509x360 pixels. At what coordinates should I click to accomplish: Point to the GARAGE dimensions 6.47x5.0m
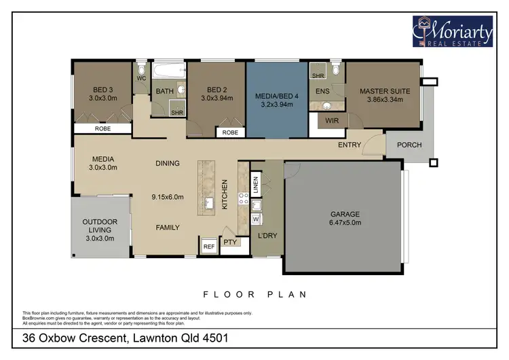point(345,222)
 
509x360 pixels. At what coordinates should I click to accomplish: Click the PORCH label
point(409,145)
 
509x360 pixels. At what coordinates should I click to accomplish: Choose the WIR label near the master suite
point(332,121)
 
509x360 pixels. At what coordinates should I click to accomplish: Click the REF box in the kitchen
point(208,247)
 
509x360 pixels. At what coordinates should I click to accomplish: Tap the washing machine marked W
point(256,219)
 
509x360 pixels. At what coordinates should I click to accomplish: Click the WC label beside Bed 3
point(141,78)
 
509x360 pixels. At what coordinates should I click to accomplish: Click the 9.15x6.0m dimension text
point(167,198)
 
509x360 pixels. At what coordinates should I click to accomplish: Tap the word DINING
point(167,163)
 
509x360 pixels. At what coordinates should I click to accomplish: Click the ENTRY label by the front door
point(350,145)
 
